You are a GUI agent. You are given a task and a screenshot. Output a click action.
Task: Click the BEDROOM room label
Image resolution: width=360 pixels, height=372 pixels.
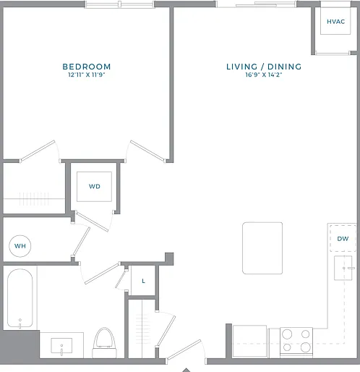coord(87,67)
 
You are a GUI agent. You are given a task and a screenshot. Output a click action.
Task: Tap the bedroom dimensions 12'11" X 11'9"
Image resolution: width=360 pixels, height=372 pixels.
coord(87,75)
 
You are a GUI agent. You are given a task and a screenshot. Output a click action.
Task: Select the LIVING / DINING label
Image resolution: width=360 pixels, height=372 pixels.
coord(264,67)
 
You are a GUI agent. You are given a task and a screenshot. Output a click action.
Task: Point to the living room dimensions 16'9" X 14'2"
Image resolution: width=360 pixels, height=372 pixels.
coord(264,75)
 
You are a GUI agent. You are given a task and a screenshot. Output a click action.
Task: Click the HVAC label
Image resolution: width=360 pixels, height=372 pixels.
coord(335,22)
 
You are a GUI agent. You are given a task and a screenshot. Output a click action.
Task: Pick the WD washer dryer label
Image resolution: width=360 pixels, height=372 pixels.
coord(94,187)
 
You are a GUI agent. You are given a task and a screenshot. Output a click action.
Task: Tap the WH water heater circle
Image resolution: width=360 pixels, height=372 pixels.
coord(20,246)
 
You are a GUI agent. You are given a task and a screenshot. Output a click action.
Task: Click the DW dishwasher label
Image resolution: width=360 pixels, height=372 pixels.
coord(343,239)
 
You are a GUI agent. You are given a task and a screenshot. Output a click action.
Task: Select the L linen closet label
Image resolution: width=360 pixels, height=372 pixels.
coord(143,281)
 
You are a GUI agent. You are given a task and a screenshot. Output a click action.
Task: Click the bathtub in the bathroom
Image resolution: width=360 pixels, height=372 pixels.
coord(20,298)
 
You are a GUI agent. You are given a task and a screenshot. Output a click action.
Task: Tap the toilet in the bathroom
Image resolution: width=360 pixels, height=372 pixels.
coord(104,342)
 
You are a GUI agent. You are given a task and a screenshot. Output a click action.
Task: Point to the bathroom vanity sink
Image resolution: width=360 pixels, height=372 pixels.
coord(61,346)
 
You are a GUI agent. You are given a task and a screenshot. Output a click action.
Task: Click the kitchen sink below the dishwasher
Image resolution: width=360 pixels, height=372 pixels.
coord(343,268)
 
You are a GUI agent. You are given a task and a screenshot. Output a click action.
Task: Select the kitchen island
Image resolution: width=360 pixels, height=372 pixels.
coord(262,248)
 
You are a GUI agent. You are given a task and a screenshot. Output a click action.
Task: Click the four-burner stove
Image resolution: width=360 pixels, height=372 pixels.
coord(296,341)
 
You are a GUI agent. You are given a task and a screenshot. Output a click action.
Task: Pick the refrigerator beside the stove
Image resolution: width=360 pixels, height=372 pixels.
coord(249,341)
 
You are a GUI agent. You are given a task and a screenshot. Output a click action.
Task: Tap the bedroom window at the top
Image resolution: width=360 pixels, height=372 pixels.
coord(119,4)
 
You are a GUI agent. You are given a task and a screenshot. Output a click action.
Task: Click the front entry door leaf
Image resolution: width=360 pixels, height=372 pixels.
coord(184,350)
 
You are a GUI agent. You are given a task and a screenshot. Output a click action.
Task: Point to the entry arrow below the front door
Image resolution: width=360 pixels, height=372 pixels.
coord(187,370)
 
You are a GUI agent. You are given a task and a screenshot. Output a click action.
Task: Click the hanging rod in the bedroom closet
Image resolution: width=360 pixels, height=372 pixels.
coord(34,199)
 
